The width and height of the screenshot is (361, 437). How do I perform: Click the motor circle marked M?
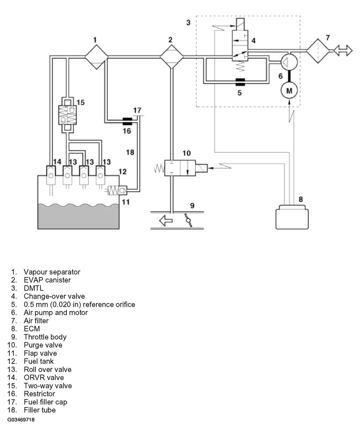pyautogui.click(x=289, y=90)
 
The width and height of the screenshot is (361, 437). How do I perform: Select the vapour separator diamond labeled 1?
pyautogui.click(x=97, y=57)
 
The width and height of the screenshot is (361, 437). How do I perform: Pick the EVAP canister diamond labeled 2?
pyautogui.click(x=171, y=57)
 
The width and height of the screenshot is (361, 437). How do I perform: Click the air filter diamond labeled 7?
pyautogui.click(x=318, y=51)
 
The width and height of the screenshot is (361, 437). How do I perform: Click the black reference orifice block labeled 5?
pyautogui.click(x=240, y=82)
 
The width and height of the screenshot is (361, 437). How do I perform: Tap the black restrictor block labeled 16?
pyautogui.click(x=127, y=121)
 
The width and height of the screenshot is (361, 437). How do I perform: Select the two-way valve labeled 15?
pyautogui.click(x=67, y=115)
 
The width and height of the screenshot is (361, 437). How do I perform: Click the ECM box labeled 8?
pyautogui.click(x=292, y=217)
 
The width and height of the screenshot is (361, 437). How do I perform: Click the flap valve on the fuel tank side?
pyautogui.click(x=117, y=190)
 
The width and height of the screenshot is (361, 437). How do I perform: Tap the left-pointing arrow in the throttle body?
pyautogui.click(x=166, y=221)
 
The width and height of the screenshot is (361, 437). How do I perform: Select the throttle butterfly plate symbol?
pyautogui.click(x=188, y=220)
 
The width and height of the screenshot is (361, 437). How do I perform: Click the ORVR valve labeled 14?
pyautogui.click(x=51, y=175)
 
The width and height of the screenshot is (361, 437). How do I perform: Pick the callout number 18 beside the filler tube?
pyautogui.click(x=130, y=152)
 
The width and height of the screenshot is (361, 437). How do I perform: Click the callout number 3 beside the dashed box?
pyautogui.click(x=188, y=22)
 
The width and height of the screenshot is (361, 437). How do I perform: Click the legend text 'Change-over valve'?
pyautogui.click(x=54, y=296)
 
